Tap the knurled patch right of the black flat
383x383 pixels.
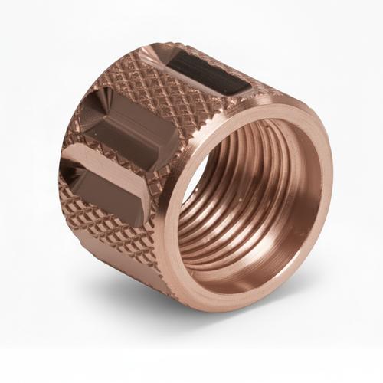click(x=260, y=88)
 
